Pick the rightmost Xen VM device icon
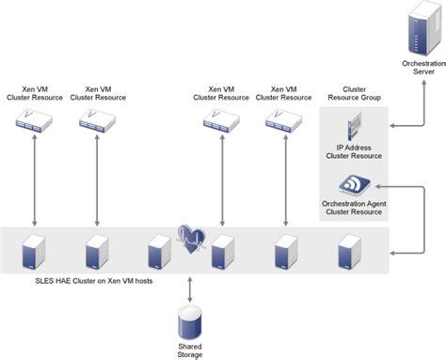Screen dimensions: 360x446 [283, 119]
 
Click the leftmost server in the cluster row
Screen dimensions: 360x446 [34, 252]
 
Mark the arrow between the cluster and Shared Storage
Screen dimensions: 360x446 [190, 288]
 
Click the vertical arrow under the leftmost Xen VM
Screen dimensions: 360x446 [34, 179]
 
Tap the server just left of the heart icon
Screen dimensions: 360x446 [159, 252]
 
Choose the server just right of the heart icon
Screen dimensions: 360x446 [222, 252]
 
